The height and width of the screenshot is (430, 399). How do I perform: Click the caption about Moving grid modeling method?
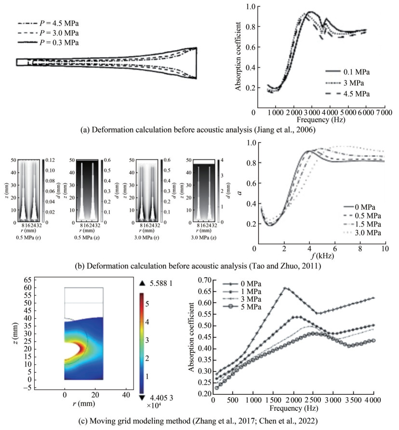tap(199, 422)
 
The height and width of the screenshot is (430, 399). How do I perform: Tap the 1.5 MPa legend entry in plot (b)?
tap(363, 225)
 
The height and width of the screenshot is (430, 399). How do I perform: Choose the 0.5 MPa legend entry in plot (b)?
tap(363, 216)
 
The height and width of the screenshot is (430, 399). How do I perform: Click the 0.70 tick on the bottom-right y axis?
tap(202, 280)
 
